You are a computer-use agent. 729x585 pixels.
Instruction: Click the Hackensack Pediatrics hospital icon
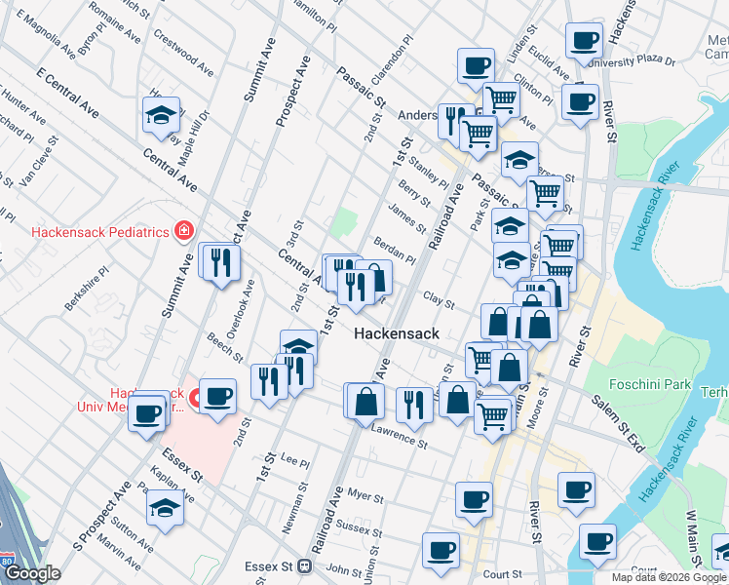coord(182,231)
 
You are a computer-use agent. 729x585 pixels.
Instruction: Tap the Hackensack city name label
coord(396,333)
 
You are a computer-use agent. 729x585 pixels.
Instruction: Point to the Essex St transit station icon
coord(305,565)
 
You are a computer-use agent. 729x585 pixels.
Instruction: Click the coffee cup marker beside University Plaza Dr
coord(585,42)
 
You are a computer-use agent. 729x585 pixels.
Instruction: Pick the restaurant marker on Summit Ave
coord(219,262)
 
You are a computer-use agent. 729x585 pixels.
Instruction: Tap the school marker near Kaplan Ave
coord(165,508)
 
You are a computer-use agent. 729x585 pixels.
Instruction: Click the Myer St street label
coord(365,496)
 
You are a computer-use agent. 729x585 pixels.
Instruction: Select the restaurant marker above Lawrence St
coord(414,405)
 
